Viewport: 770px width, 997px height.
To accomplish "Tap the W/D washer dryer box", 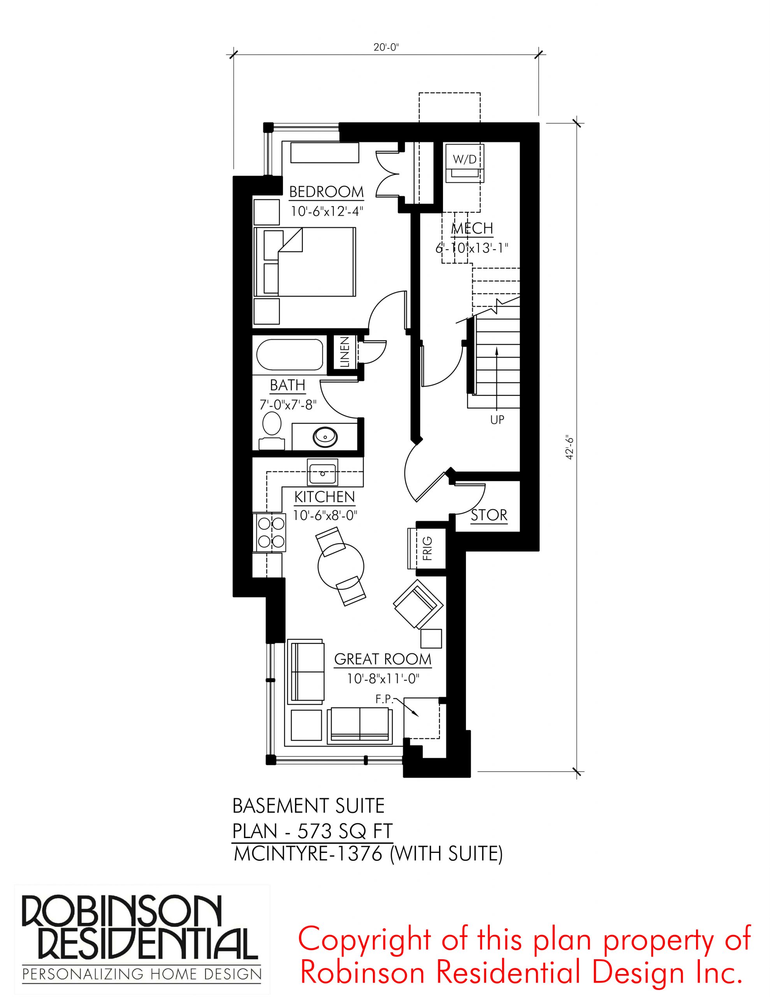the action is pyautogui.click(x=464, y=163).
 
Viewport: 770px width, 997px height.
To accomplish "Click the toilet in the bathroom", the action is pyautogui.click(x=272, y=432).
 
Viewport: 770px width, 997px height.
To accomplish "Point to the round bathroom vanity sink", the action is pyautogui.click(x=325, y=437).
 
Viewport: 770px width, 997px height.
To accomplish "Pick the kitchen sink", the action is pyautogui.click(x=322, y=472).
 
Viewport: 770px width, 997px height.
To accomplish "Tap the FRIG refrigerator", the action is pyautogui.click(x=427, y=548).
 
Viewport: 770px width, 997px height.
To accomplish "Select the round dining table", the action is pyautogui.click(x=341, y=567).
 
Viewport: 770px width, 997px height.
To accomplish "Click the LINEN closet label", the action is pyautogui.click(x=345, y=352).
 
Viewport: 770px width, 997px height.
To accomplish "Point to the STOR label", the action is pyautogui.click(x=489, y=515).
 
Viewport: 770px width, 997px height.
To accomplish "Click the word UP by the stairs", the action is pyautogui.click(x=497, y=419).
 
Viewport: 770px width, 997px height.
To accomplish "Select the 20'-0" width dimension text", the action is pyautogui.click(x=386, y=47).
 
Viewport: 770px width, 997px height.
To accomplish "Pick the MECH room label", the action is pyautogui.click(x=472, y=228).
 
